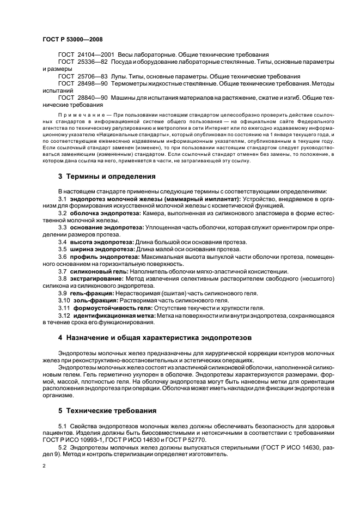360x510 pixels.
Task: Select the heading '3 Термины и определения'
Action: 107,177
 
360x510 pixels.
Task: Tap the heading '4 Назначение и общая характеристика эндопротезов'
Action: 155,338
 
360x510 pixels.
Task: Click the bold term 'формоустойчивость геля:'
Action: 105,307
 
